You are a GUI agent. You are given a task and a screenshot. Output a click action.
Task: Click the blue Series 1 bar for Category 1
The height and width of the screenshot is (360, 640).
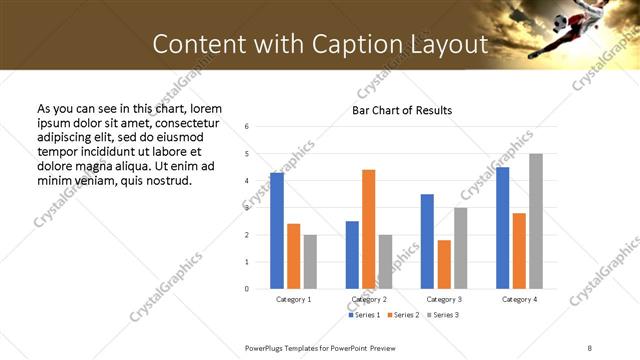click(x=277, y=231)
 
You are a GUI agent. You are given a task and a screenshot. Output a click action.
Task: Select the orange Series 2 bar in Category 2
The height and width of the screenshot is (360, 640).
click(x=369, y=229)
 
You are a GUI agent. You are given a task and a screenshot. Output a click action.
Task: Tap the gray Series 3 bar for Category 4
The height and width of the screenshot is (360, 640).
click(x=536, y=221)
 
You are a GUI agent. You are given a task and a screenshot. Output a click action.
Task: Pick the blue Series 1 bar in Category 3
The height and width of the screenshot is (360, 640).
click(x=427, y=241)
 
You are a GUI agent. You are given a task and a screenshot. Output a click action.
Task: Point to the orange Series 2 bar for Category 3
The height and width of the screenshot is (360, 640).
click(x=444, y=264)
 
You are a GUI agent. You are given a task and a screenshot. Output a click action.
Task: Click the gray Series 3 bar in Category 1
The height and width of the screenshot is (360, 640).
click(x=310, y=261)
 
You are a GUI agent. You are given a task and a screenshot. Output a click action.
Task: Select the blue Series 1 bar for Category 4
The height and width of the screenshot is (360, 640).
click(x=502, y=228)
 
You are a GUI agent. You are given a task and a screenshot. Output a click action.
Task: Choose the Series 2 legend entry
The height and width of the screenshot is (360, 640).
click(x=403, y=315)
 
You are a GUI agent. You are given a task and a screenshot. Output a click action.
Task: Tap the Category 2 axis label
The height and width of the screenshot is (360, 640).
click(x=369, y=299)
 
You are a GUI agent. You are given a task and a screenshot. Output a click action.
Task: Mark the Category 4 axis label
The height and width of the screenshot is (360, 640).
click(x=519, y=299)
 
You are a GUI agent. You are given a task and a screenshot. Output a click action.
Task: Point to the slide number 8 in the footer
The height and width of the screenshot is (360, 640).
click(x=590, y=347)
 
